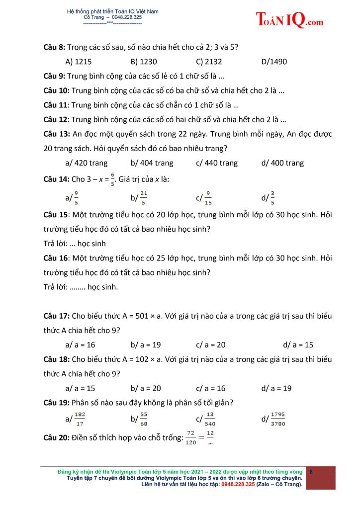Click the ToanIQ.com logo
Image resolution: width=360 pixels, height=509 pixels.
click(289, 20)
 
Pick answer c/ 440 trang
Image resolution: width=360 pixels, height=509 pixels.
click(217, 163)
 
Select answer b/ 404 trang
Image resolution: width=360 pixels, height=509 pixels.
click(152, 163)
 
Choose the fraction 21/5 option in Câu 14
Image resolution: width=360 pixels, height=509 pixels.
click(143, 198)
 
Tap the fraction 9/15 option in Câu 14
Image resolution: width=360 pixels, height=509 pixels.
click(208, 198)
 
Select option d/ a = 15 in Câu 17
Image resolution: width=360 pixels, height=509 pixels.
click(298, 344)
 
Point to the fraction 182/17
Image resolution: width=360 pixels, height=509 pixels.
click(80, 419)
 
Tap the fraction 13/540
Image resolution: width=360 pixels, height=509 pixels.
click(210, 419)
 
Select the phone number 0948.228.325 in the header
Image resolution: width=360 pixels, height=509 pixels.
click(127, 17)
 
